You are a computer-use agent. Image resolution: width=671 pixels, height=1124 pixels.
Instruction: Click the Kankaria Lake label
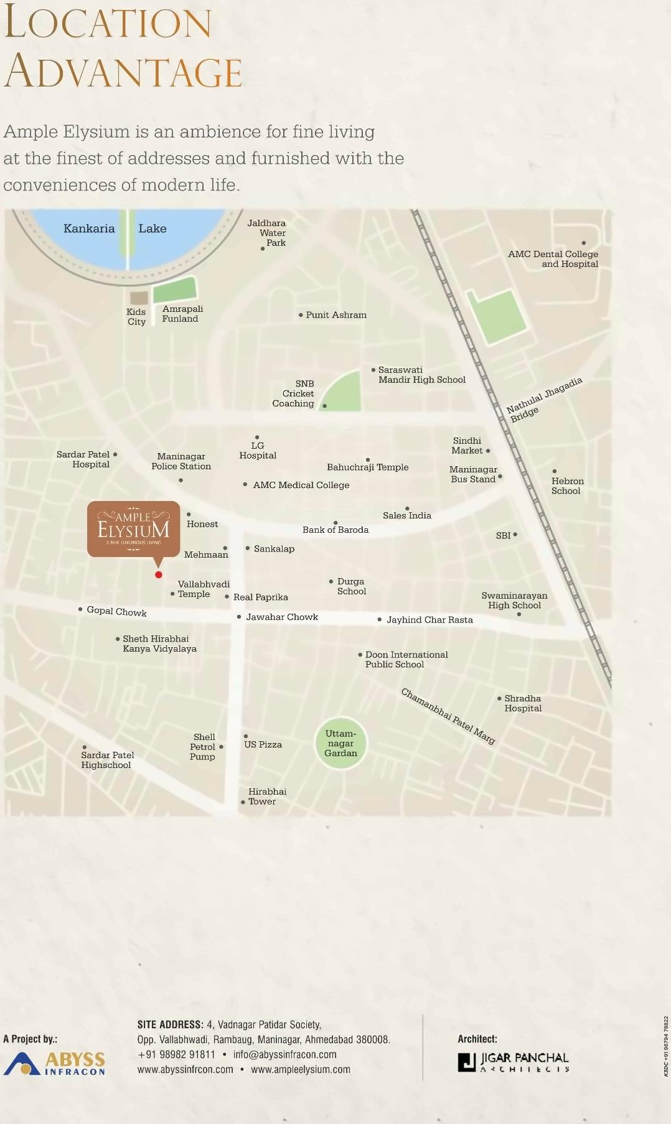coord(115,228)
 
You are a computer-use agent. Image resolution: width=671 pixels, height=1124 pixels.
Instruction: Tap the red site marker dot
coord(159,574)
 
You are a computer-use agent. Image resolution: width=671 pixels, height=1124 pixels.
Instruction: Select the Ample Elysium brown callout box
coord(133,528)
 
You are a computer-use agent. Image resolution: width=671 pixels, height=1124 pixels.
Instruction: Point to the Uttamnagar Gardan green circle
coord(340,743)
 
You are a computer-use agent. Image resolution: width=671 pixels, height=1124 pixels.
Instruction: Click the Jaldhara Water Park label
coord(268,233)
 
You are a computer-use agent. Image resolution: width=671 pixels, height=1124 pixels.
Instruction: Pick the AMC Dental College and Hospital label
coord(553,259)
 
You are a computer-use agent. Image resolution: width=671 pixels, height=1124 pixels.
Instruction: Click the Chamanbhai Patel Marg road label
coord(448,716)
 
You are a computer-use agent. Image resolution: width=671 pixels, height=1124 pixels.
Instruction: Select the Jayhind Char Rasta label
coord(429,620)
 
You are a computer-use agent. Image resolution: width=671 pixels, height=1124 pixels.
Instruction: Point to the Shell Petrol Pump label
coord(203,747)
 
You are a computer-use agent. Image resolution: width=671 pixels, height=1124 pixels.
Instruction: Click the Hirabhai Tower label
coord(267,797)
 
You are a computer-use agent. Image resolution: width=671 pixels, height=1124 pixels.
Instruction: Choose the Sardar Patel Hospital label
coord(83,459)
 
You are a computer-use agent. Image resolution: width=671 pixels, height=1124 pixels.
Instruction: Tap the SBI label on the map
coord(504,535)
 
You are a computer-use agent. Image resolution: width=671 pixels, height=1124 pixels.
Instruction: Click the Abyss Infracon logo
coord(55,1063)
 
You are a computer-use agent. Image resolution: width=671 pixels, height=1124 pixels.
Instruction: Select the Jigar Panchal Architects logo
coord(514,1062)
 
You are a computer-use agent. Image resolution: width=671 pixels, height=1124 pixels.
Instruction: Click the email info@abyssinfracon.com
coord(284,1054)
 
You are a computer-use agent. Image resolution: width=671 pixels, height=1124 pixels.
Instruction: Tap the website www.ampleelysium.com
coord(301,1069)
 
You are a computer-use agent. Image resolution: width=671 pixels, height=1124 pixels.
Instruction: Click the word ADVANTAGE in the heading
coord(123,72)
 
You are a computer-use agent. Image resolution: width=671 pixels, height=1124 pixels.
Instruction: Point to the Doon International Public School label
coord(406,660)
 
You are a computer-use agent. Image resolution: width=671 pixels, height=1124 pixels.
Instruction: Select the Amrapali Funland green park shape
coord(175,289)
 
